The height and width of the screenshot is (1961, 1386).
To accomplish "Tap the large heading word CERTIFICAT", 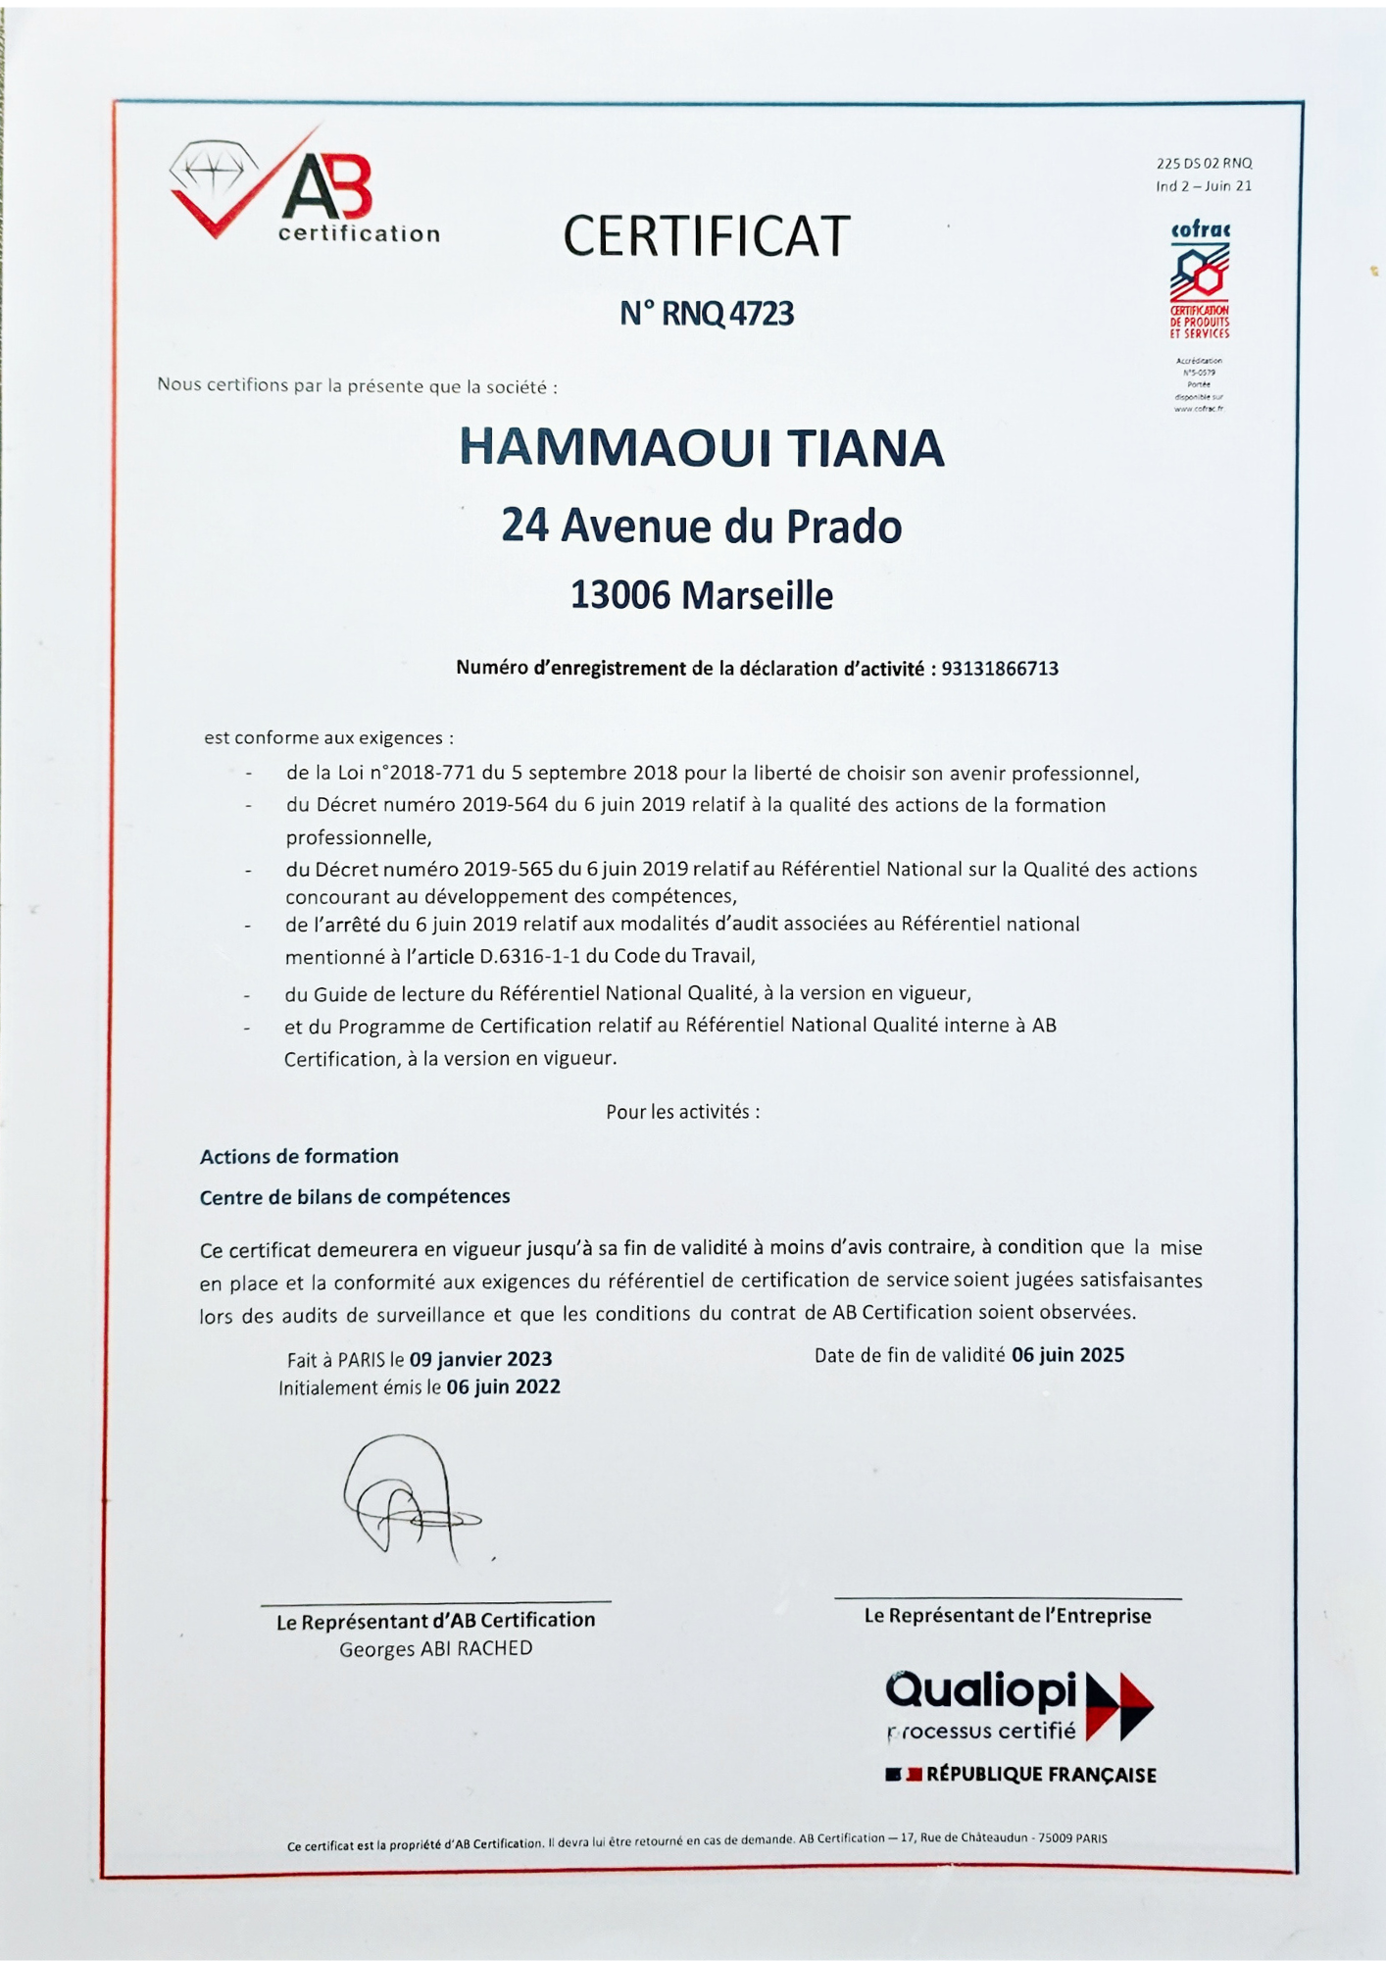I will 706,236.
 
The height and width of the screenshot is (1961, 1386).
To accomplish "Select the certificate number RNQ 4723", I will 727,314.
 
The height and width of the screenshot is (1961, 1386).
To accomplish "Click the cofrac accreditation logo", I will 1200,279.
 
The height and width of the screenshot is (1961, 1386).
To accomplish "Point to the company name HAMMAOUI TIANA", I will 702,448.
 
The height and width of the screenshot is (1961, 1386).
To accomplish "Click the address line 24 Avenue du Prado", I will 702,527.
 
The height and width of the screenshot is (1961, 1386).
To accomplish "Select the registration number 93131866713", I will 1000,669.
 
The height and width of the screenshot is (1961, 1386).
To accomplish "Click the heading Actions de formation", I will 299,1156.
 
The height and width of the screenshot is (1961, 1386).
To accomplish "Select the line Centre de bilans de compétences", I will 355,1196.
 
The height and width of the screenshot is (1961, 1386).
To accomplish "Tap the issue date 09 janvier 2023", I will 480,1359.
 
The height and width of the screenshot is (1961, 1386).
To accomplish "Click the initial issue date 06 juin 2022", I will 503,1386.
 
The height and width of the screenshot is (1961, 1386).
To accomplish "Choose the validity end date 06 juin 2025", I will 1067,1355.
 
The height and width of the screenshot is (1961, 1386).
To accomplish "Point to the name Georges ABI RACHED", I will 436,1648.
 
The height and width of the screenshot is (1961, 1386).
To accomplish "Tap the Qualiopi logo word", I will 980,1689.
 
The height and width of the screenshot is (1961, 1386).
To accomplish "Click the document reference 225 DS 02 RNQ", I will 1204,164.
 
